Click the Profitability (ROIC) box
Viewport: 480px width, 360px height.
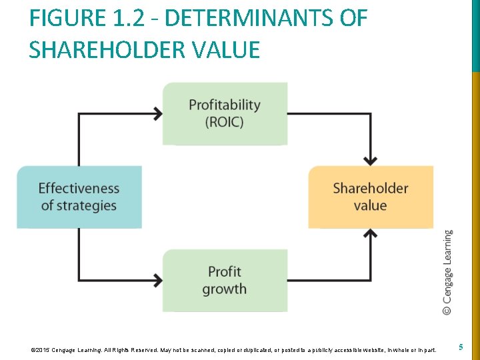[x=225, y=113]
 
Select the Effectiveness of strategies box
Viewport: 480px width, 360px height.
[x=79, y=197]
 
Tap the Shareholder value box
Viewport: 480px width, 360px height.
[x=370, y=197]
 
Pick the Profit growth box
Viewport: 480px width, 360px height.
[x=225, y=280]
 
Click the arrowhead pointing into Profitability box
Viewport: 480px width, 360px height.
[x=157, y=114]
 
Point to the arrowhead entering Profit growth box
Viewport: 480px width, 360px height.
[x=157, y=280]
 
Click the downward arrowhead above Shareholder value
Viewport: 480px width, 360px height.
[x=370, y=160]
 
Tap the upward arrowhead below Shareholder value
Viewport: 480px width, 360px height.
[x=370, y=234]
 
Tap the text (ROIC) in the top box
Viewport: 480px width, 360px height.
[x=225, y=122]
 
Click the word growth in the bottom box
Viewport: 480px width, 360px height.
[x=225, y=289]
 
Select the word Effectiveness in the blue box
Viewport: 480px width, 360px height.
[x=79, y=189]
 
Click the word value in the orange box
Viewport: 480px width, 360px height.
[x=370, y=205]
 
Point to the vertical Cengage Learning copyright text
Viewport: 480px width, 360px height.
[x=447, y=271]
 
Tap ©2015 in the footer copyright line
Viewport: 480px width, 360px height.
[x=41, y=350]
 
